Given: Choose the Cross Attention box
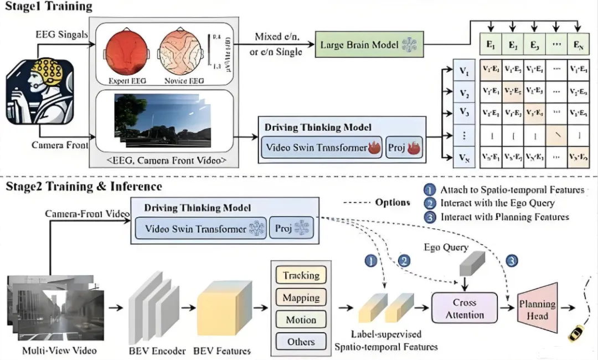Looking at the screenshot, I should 468,309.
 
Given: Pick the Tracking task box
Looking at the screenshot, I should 301,275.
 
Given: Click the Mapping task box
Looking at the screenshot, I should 301,298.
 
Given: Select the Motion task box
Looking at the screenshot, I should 301,320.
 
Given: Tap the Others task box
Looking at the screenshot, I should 301,342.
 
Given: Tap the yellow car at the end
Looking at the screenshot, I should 577,333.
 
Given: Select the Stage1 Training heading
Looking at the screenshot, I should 49,7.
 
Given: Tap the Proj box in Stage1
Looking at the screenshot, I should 404,147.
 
